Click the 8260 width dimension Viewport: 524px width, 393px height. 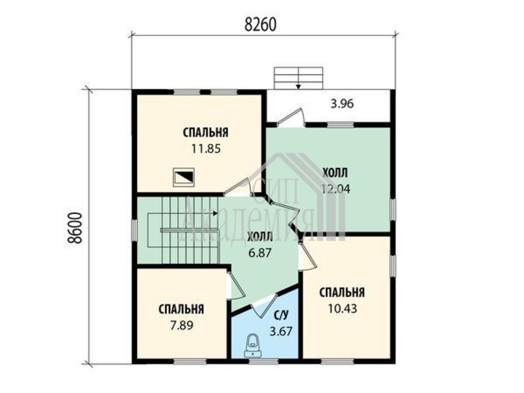(260, 24)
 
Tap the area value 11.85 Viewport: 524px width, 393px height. (206, 148)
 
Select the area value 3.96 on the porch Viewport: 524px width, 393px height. (342, 104)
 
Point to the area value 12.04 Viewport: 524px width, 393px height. (335, 189)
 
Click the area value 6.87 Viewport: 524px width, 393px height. (259, 253)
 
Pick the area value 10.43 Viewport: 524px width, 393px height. (342, 309)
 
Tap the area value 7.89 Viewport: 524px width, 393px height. (181, 325)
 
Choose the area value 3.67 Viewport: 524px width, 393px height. (281, 331)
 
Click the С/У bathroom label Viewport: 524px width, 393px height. (281, 315)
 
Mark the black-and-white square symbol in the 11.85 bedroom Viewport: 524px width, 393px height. (183, 178)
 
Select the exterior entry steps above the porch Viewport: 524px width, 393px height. (299, 78)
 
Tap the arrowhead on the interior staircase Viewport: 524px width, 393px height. (215, 213)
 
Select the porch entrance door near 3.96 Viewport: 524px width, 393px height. (291, 117)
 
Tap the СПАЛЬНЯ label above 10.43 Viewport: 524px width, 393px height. (342, 292)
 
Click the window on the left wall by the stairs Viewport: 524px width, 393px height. (134, 231)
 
